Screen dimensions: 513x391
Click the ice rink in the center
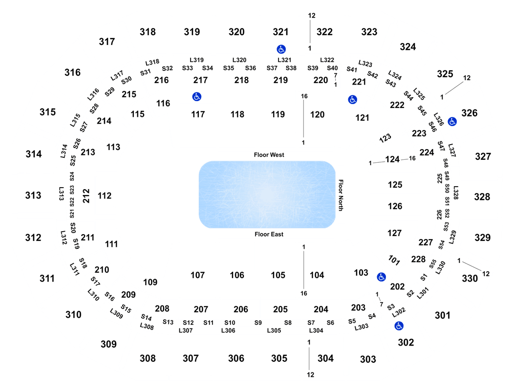point(267,195)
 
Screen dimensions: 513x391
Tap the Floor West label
point(269,155)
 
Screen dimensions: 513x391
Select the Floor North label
point(341,195)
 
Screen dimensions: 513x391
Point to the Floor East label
point(269,234)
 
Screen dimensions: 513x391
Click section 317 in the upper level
point(107,42)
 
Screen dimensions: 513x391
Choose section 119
point(278,114)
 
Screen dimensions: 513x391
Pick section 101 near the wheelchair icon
point(394,260)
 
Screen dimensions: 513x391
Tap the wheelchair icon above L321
point(281,49)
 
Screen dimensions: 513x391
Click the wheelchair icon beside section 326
point(452,122)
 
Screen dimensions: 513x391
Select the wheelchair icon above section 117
point(196,96)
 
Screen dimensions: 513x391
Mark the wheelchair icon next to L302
point(399,326)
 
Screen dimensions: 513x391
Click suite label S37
point(272,68)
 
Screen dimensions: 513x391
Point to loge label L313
point(61,194)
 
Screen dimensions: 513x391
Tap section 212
point(86,195)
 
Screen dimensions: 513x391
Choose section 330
point(470,279)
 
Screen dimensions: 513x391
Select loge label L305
point(274,330)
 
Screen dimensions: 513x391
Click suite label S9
point(258,323)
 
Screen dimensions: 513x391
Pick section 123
point(385,138)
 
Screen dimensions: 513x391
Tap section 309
point(108,344)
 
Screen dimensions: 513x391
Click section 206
point(241,309)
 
